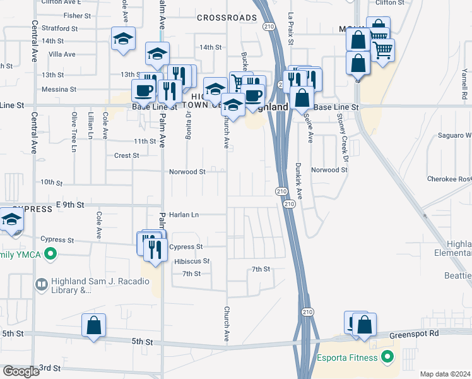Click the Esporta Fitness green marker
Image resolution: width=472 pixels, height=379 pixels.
[389, 358]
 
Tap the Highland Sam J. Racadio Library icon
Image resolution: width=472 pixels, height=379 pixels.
[42, 285]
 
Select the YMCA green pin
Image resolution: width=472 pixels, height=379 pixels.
[52, 255]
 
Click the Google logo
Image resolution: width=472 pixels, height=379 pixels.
[21, 371]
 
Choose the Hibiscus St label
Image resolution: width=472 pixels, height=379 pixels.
[192, 261]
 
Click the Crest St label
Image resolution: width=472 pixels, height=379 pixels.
[126, 155]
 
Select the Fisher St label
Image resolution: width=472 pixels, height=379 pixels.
[78, 15]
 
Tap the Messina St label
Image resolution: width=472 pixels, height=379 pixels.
[59, 90]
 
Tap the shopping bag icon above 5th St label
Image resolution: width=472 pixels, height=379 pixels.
[94, 326]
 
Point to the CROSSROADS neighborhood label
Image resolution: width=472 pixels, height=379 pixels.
[220, 18]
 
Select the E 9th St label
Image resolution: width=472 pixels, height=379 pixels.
[70, 205]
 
